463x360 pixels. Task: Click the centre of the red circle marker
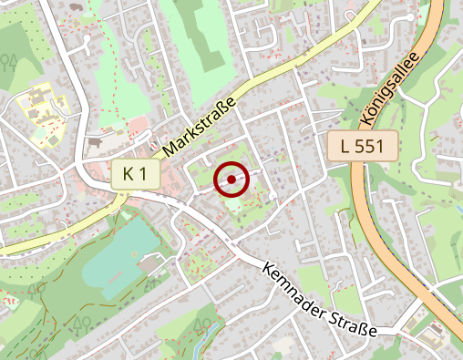231,180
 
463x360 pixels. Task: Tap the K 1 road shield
136,174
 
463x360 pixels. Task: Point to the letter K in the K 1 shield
129,174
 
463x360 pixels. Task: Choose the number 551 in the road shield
374,145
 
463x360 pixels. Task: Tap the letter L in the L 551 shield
345,145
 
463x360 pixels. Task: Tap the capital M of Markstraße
170,146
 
